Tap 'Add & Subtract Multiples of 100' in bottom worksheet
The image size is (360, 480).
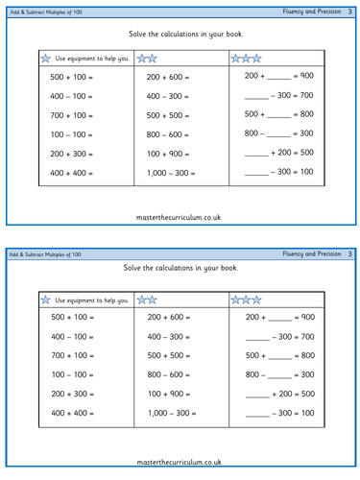54,253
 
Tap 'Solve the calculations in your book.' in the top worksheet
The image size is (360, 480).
179,34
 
